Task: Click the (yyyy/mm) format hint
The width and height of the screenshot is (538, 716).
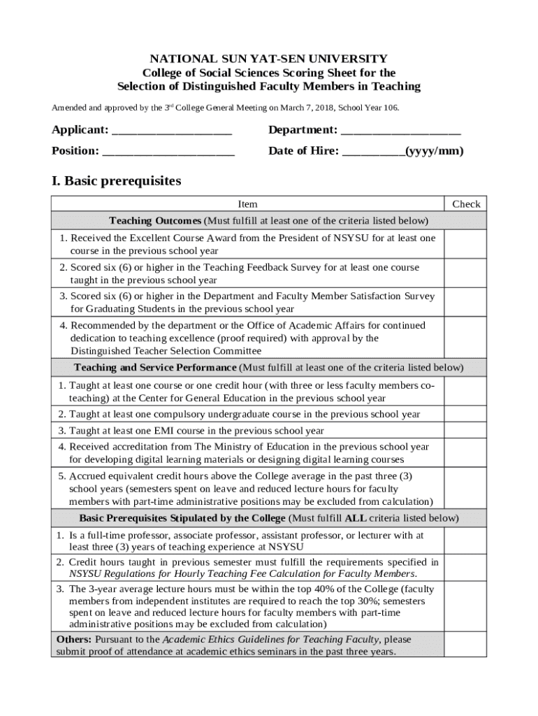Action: pos(435,151)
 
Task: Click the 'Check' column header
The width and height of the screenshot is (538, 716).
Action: pos(466,204)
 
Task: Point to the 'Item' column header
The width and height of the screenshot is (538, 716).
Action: pos(247,204)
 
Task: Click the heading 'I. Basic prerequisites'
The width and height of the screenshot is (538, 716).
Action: pos(116,181)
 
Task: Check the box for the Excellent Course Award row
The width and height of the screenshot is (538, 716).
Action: pos(466,244)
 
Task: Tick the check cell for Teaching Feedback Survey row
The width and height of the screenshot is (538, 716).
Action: pos(466,273)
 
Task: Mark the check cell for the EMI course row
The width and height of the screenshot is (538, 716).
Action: pos(466,431)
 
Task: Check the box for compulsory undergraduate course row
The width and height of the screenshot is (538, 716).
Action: pos(466,414)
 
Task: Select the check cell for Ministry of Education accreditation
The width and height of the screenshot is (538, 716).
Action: pos(466,452)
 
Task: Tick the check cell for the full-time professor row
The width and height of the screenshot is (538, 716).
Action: pos(466,540)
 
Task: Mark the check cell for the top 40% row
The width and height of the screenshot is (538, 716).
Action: pos(466,606)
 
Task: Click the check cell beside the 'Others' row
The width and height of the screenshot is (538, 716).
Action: pos(466,645)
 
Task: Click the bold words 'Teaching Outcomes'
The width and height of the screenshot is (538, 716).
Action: pos(155,221)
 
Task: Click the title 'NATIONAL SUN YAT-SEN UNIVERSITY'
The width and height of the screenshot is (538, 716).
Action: pos(269,59)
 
